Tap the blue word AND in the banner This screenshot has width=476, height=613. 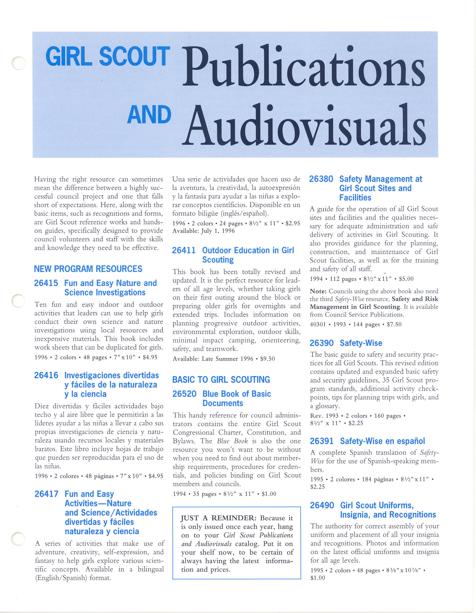[149, 115]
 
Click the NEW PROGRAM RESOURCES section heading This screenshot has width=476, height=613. [88, 269]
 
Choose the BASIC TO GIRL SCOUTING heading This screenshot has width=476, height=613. [221, 380]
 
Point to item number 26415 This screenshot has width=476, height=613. [46, 283]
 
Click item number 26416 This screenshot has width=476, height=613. [46, 376]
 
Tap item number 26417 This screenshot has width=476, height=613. [46, 494]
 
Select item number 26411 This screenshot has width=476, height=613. [184, 251]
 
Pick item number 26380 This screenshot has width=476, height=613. [321, 179]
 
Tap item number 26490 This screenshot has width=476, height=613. [322, 505]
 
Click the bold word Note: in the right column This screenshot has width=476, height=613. [318, 291]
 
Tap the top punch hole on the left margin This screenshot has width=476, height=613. [18, 63]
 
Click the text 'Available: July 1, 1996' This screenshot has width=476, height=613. [203, 231]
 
